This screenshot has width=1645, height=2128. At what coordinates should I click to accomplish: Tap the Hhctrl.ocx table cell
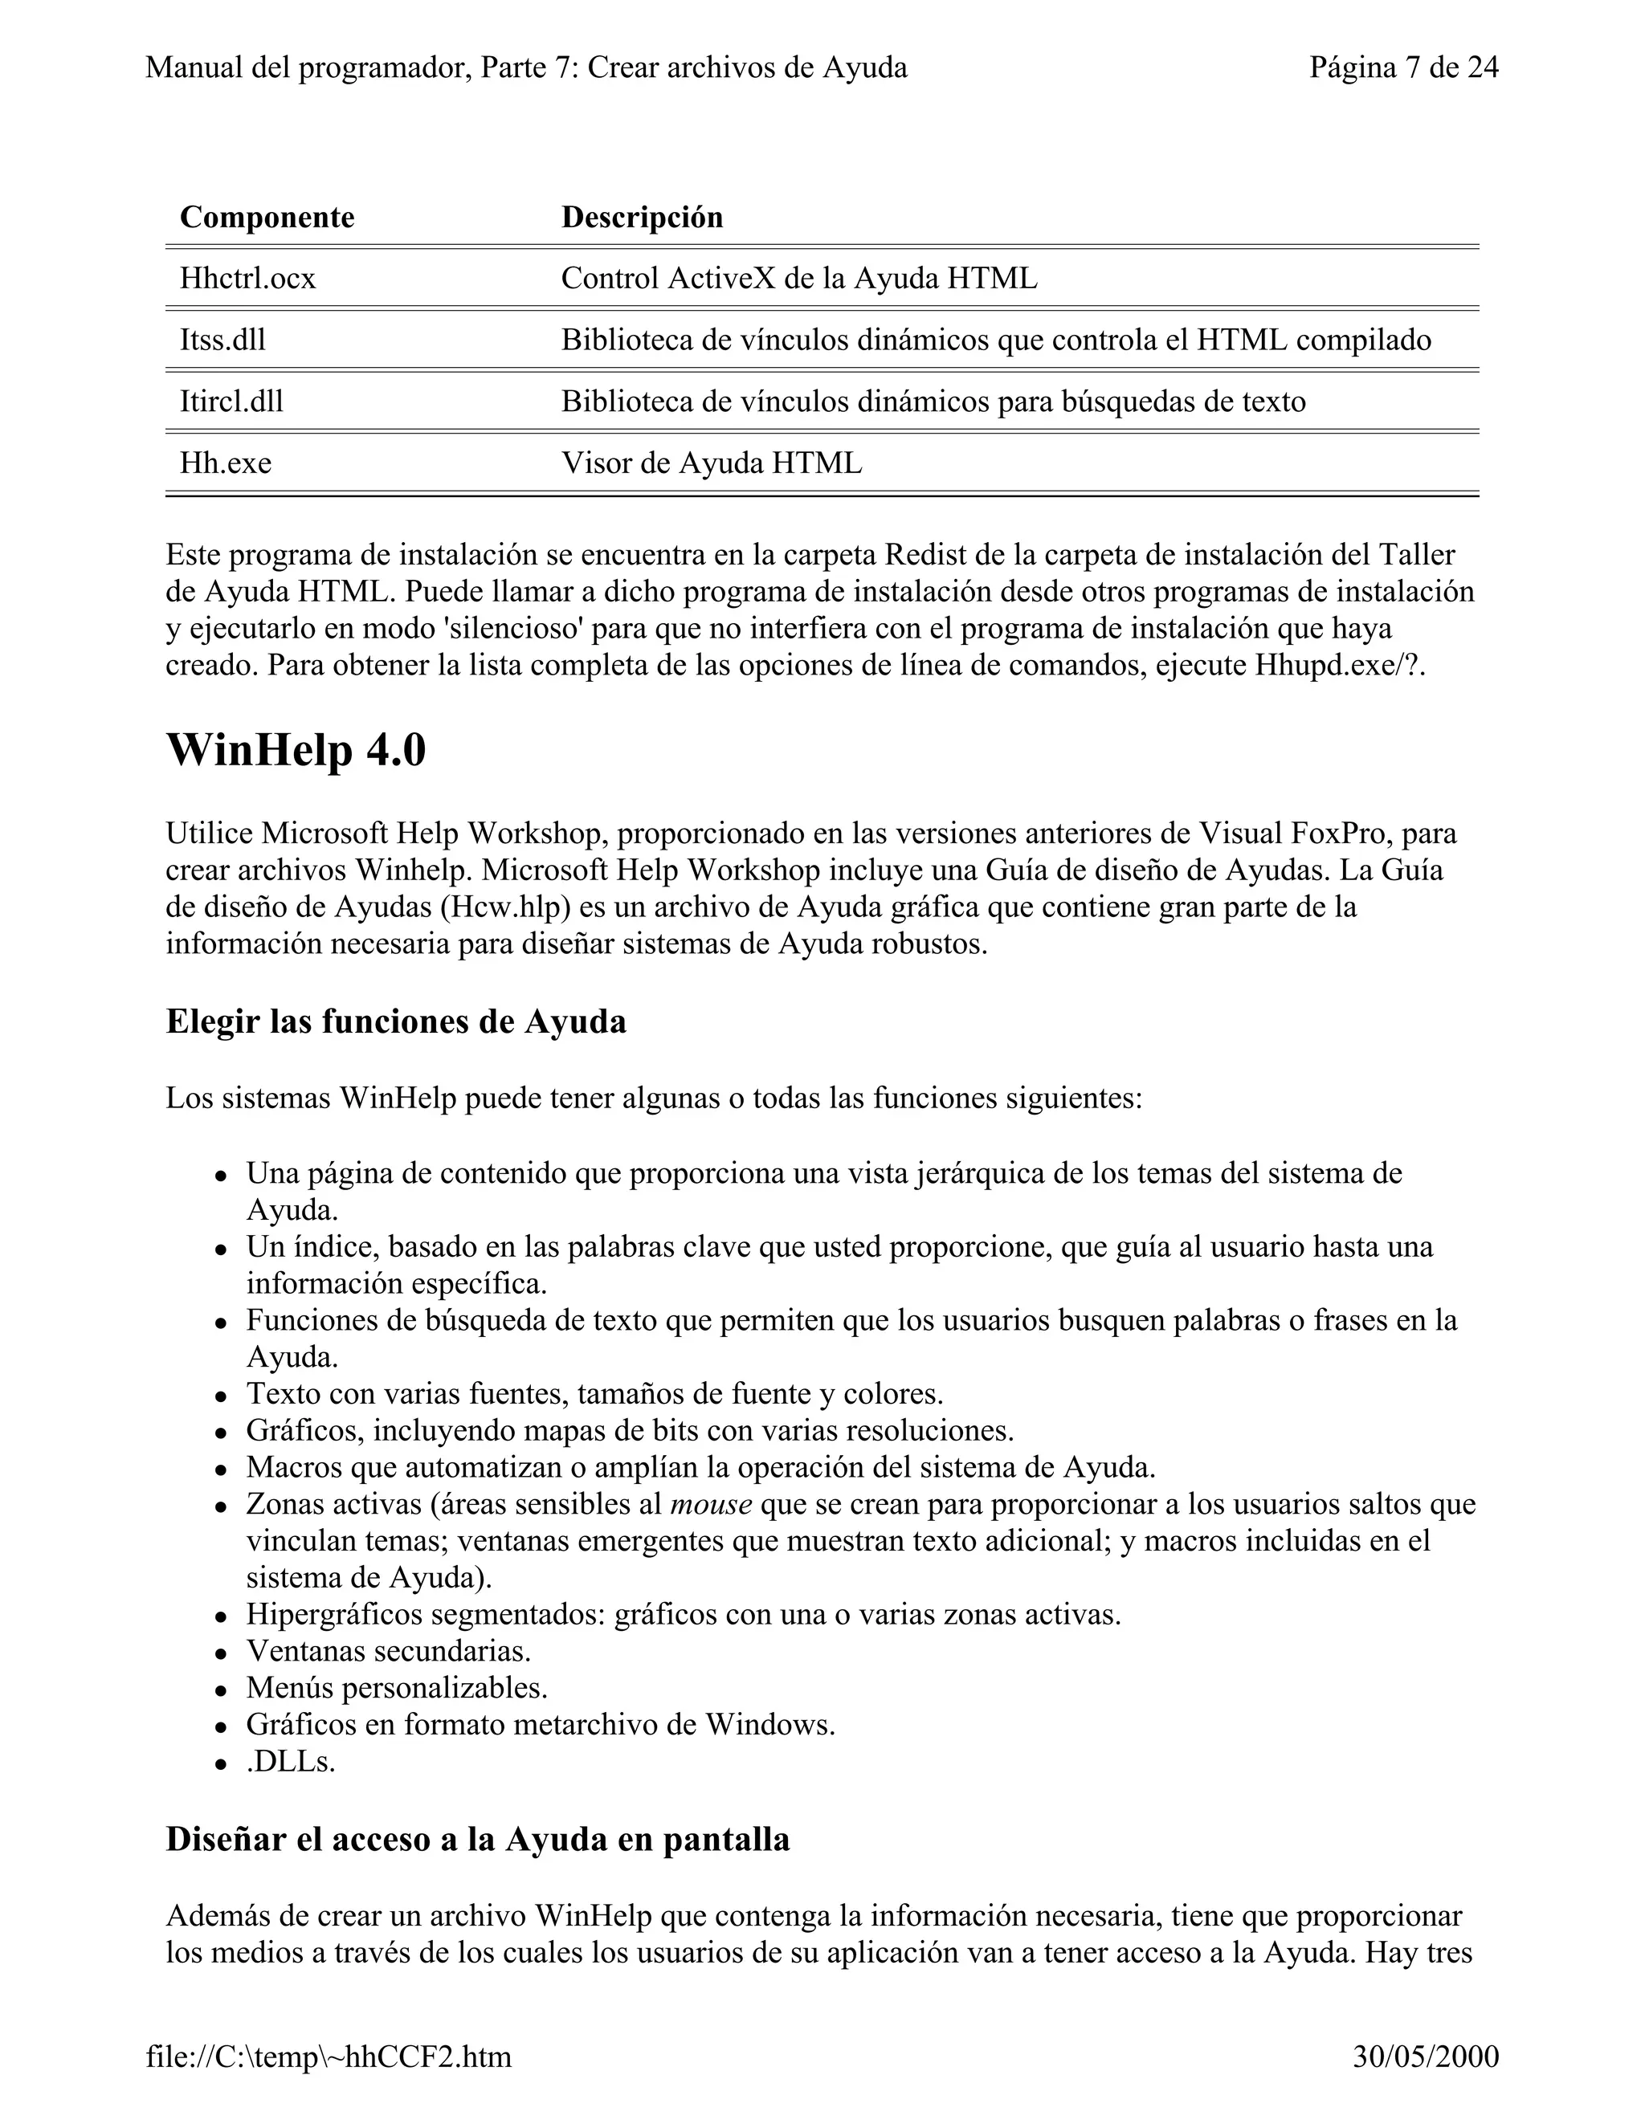247,279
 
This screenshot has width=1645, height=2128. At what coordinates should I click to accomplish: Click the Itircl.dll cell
231,402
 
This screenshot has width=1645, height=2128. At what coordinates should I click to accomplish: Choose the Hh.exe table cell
225,463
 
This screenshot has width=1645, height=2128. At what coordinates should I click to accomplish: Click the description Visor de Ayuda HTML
712,463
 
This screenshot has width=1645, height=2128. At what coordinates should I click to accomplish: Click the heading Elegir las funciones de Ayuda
396,1021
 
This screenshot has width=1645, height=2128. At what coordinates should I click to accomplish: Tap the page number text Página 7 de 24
1403,67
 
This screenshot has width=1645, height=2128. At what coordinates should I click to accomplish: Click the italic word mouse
710,1504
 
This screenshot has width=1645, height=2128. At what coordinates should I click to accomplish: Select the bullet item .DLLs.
291,1762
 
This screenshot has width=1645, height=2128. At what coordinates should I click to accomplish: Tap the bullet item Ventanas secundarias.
388,1652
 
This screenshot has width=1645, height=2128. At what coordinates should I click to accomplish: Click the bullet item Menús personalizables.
397,1688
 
